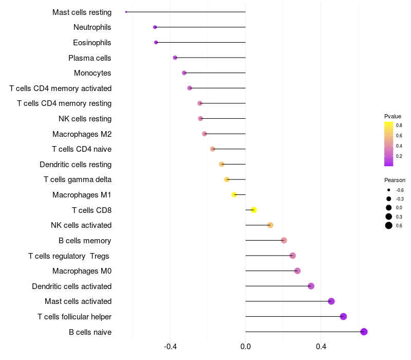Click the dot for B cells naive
pos(364,332)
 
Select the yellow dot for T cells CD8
pos(253,210)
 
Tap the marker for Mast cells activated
pos(331,301)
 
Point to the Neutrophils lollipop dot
pos(155,27)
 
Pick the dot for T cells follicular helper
pos(343,316)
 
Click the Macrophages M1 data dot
pos(234,194)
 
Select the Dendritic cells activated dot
pos(311,286)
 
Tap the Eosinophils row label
pos(92,42)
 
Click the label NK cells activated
pos(81,225)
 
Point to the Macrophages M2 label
pos(82,134)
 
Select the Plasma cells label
pos(90,58)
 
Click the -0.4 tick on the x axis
pos(170,347)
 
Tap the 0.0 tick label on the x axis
pos(246,347)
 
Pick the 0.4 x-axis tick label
pos(321,347)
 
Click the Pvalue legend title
pos(393,116)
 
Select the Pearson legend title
pos(395,180)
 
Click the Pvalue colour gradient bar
pos(389,144)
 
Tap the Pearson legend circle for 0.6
pos(389,225)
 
